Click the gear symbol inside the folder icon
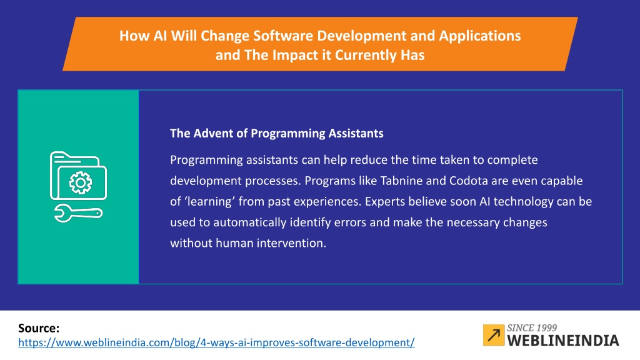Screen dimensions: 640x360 (81, 182)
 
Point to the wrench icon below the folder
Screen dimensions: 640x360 (78, 214)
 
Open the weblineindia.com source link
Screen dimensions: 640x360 (216, 342)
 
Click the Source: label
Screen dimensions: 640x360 (39, 328)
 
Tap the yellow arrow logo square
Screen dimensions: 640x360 (494, 335)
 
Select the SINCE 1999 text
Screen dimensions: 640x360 (532, 327)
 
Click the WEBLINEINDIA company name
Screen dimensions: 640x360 (563, 341)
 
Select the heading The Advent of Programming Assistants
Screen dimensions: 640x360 (277, 134)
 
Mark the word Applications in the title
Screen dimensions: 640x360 (480, 36)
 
